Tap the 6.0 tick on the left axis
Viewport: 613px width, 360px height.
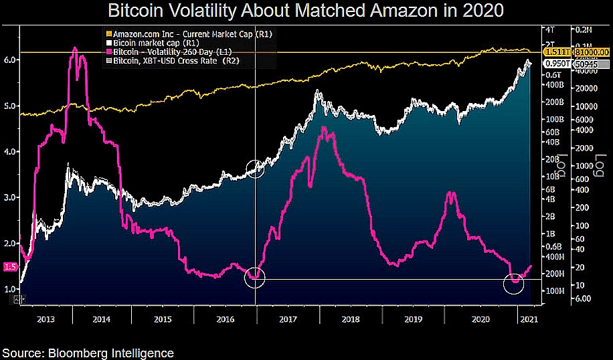click(10, 60)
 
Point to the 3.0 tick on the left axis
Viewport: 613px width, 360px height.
click(10, 198)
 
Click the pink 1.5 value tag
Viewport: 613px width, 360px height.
click(10, 267)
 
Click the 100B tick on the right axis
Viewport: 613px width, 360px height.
click(553, 118)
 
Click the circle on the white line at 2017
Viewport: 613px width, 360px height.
click(255, 169)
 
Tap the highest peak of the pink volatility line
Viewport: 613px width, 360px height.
click(74, 48)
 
